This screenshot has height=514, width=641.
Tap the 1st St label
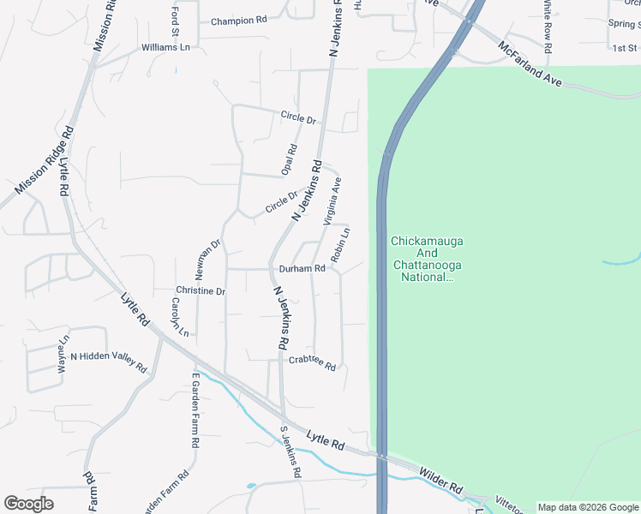pos(624,48)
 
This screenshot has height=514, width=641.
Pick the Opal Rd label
pos(290,160)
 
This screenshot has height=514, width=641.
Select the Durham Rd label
pos(302,268)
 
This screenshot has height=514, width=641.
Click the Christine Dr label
pos(200,291)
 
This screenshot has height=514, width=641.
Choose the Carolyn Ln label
pos(177,314)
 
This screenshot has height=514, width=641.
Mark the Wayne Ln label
pos(63,358)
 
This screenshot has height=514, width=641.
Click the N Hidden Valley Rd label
pos(109,356)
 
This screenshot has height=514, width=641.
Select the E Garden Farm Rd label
pos(195,411)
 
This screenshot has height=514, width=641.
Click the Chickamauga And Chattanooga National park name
pos(426,259)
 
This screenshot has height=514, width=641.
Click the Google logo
pos(29,504)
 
